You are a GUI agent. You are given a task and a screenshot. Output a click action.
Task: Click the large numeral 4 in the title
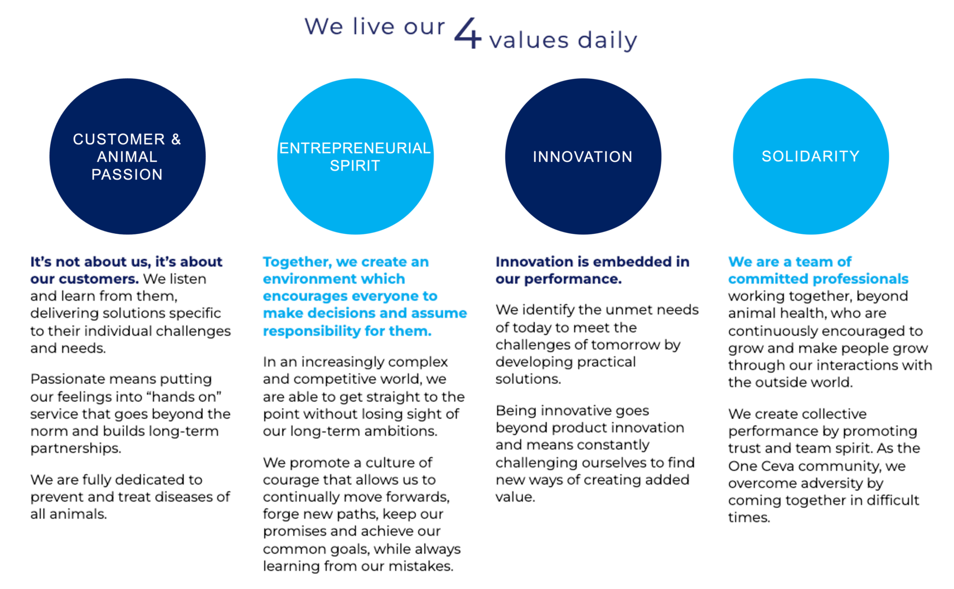pyautogui.click(x=468, y=33)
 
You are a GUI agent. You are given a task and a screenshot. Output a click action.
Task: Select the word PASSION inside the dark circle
pyautogui.click(x=127, y=174)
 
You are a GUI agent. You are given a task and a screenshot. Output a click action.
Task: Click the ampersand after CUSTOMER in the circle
pyautogui.click(x=176, y=139)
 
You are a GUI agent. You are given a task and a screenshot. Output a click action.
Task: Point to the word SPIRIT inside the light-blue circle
pyautogui.click(x=355, y=165)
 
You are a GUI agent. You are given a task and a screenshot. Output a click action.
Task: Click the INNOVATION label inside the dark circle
pyautogui.click(x=582, y=156)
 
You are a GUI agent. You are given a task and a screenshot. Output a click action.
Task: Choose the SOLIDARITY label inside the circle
pyautogui.click(x=810, y=156)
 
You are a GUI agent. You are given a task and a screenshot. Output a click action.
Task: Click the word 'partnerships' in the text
pyautogui.click(x=76, y=448)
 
